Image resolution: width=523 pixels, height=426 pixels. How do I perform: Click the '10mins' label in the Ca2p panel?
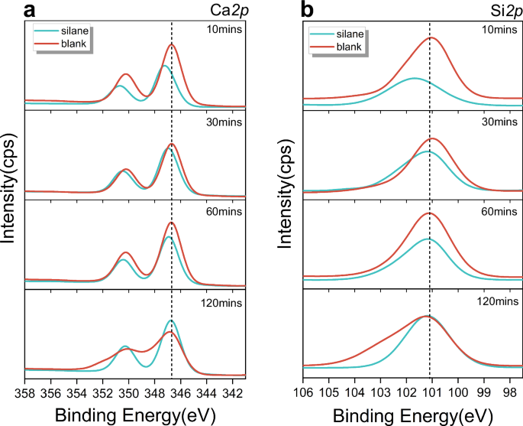[225, 30]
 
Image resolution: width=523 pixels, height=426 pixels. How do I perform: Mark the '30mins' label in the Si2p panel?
[504, 122]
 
